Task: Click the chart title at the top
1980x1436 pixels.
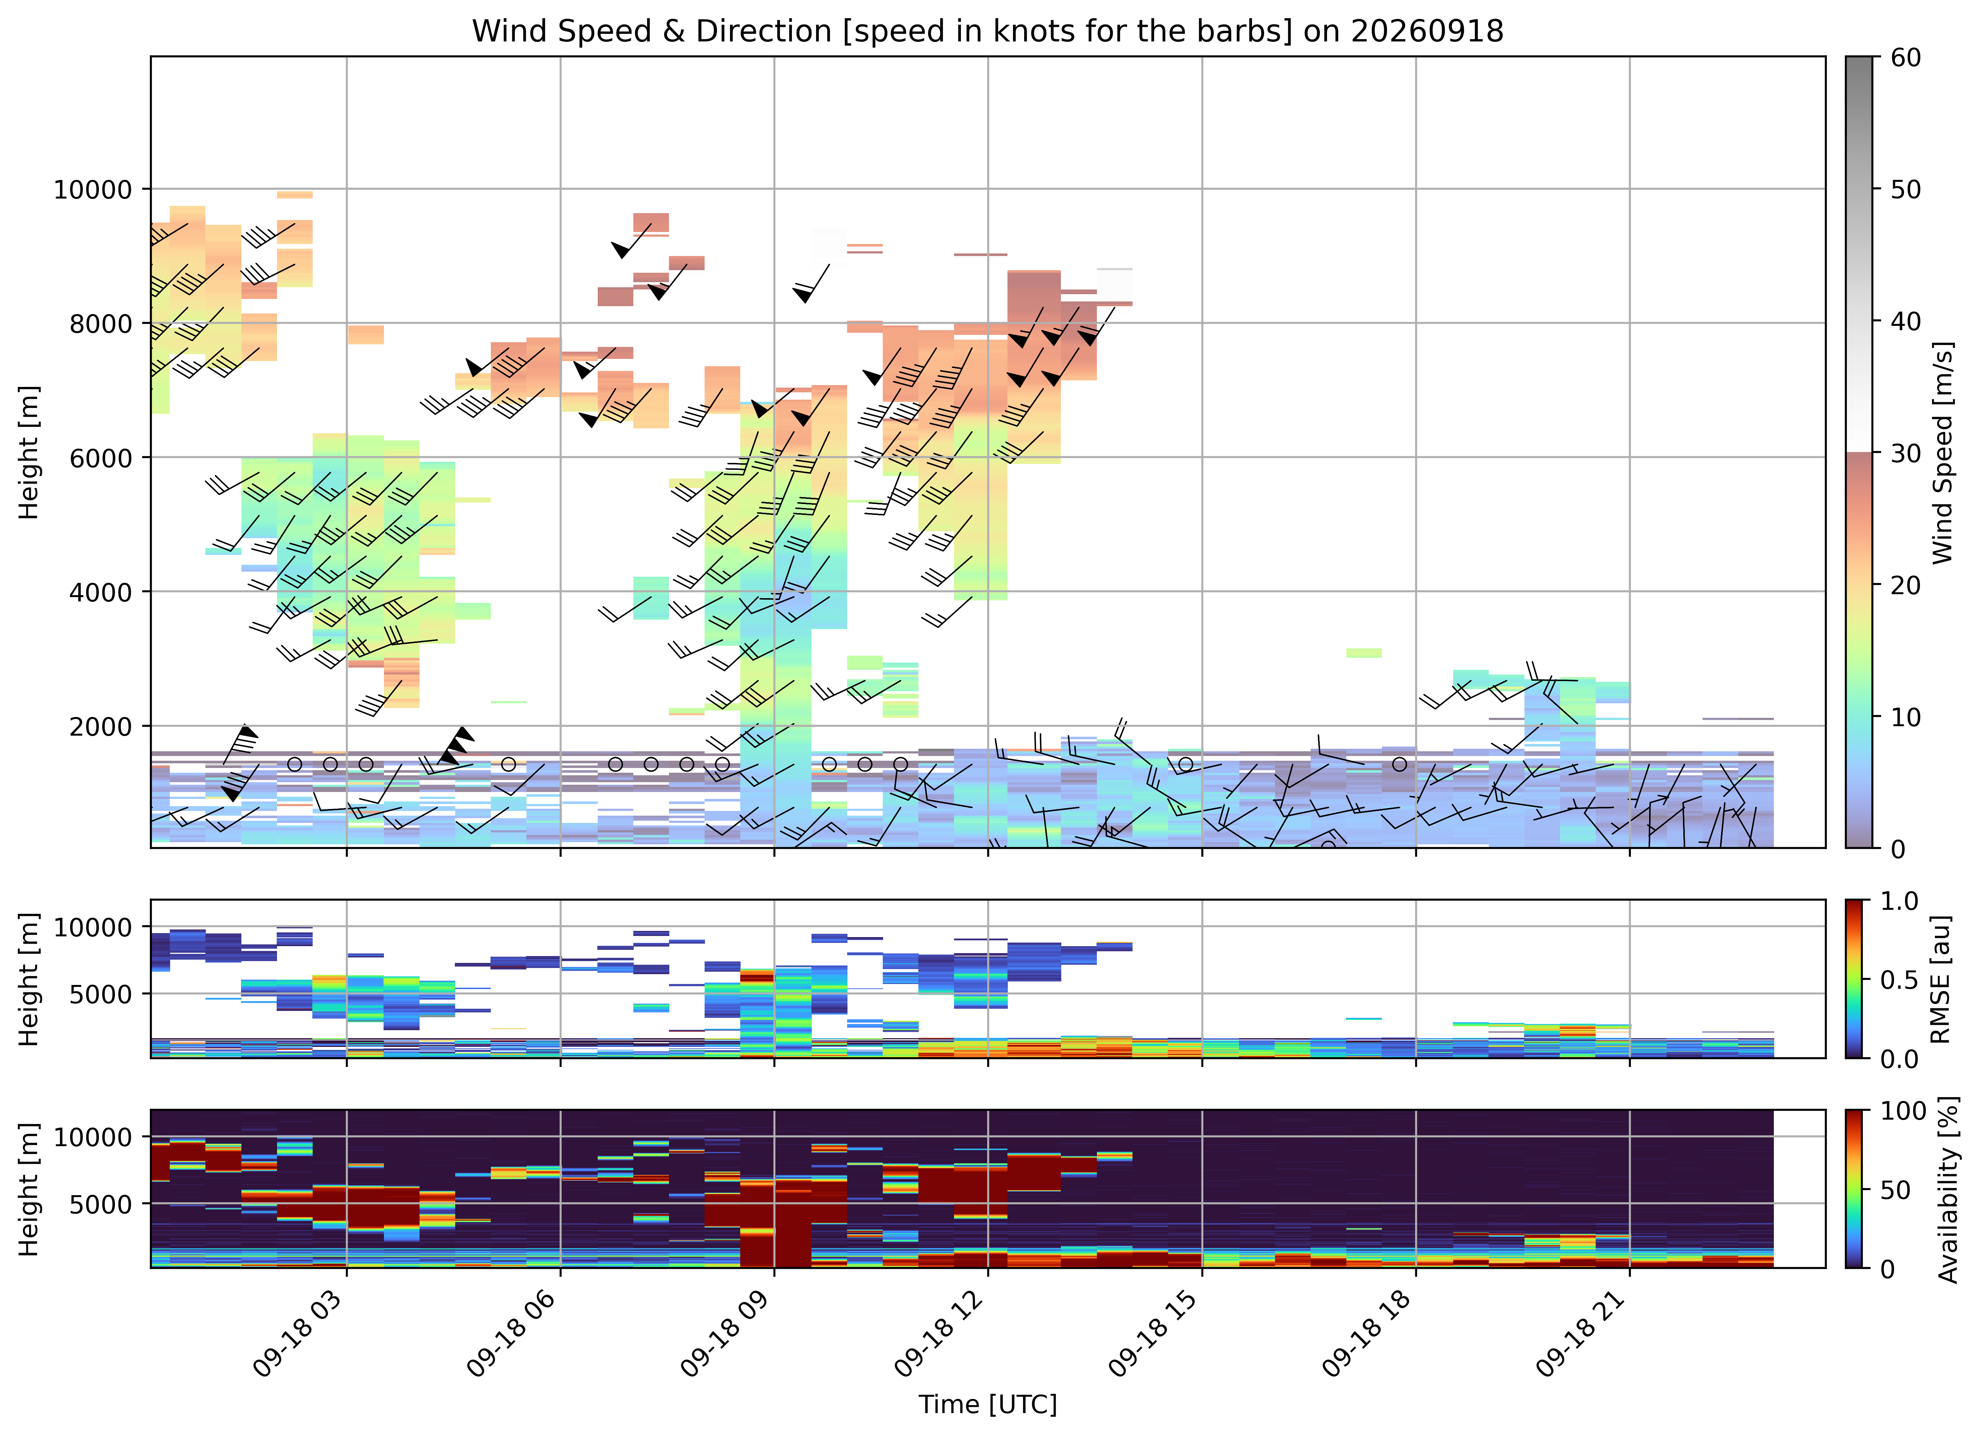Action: (987, 31)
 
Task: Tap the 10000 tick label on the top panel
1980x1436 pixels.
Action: (93, 189)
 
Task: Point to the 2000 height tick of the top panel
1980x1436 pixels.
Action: (100, 726)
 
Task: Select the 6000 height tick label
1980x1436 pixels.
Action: (100, 457)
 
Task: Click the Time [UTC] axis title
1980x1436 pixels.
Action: (987, 1405)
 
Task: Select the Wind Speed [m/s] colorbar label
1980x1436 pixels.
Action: (1943, 452)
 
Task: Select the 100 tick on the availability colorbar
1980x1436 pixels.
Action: (1903, 1111)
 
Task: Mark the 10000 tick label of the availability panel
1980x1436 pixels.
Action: (93, 1137)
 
